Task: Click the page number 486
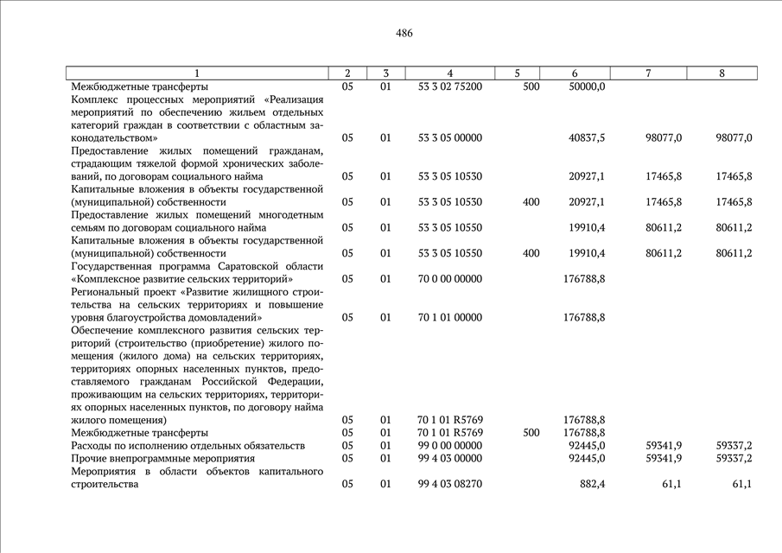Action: [404, 34]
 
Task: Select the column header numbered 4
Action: [449, 73]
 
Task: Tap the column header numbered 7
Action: [648, 73]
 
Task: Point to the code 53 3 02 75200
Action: [449, 86]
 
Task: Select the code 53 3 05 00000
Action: [449, 137]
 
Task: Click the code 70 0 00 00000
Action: [449, 279]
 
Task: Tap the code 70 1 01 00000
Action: [449, 317]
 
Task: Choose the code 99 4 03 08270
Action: [449, 484]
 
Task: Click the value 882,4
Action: [592, 484]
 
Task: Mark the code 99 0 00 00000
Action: [449, 445]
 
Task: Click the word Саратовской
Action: [238, 266]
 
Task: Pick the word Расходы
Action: [92, 445]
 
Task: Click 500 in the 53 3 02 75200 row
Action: [531, 86]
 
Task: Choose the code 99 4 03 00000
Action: [449, 458]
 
